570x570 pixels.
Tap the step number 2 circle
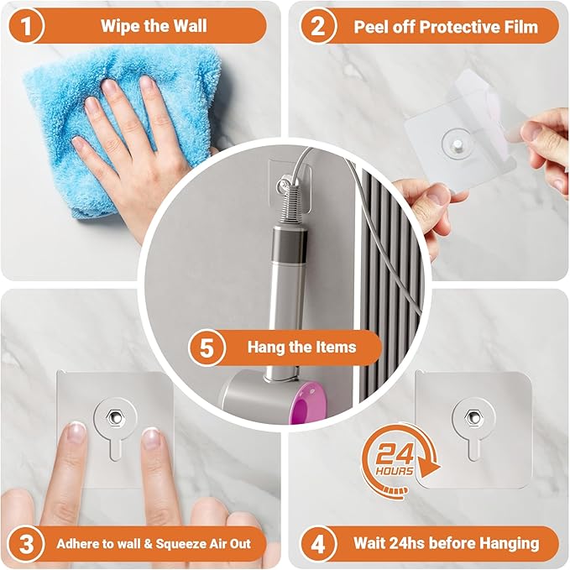317,25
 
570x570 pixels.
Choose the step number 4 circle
317,543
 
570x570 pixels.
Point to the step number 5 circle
206,347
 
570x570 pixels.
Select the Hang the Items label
301,347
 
